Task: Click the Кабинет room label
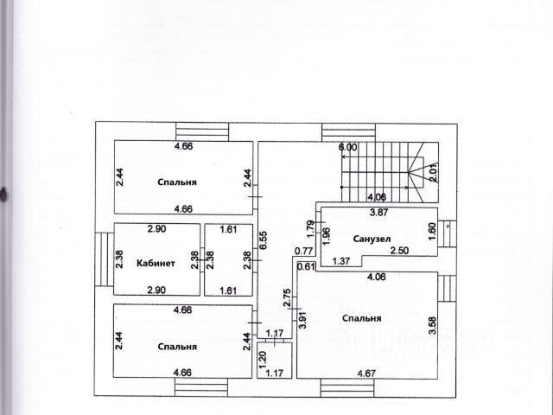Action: (x=156, y=264)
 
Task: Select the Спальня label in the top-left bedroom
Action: (x=177, y=182)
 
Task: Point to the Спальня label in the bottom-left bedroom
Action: (x=177, y=346)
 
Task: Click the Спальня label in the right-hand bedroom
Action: (x=361, y=318)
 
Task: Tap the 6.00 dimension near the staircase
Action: (x=347, y=148)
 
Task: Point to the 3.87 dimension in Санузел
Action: (x=378, y=212)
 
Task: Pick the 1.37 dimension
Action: (x=340, y=261)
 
